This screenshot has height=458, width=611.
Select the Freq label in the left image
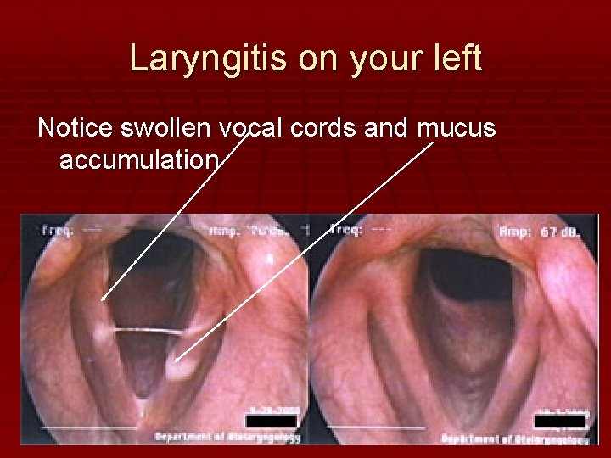point(55,229)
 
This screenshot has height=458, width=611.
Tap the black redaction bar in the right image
point(559,422)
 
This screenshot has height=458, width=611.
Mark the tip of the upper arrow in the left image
point(102,299)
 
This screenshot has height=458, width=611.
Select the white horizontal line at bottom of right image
point(373,426)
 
